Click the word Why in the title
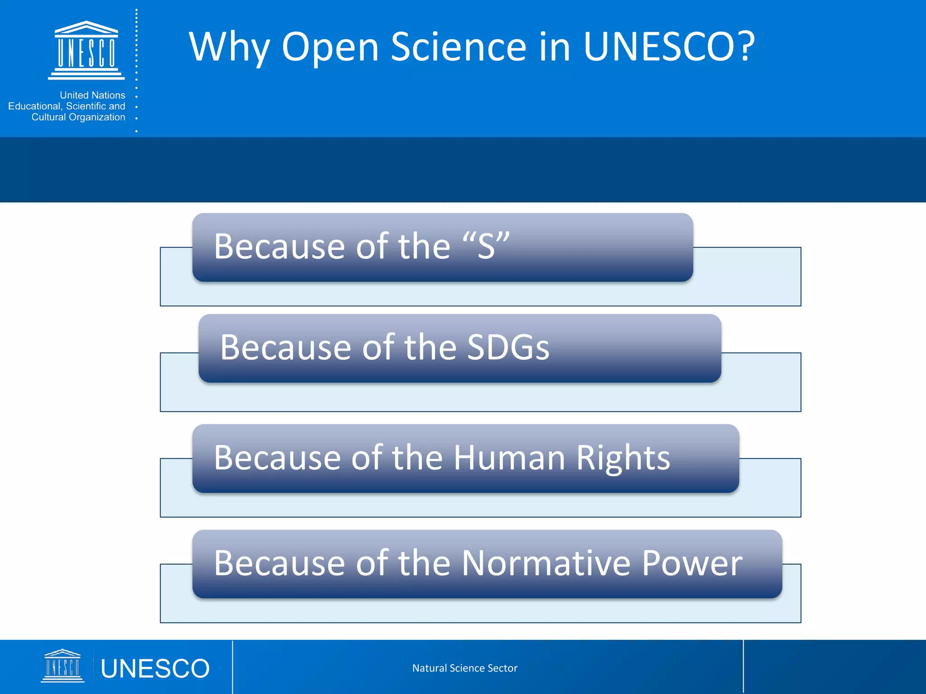coord(229,47)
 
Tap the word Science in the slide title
coord(458,47)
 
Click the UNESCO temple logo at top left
coord(86,50)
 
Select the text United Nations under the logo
coord(92,95)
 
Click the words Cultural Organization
coord(78,117)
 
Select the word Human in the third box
coord(509,458)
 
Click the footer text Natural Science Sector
coord(464,668)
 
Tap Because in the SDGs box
coord(285,347)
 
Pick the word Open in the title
coord(330,48)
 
